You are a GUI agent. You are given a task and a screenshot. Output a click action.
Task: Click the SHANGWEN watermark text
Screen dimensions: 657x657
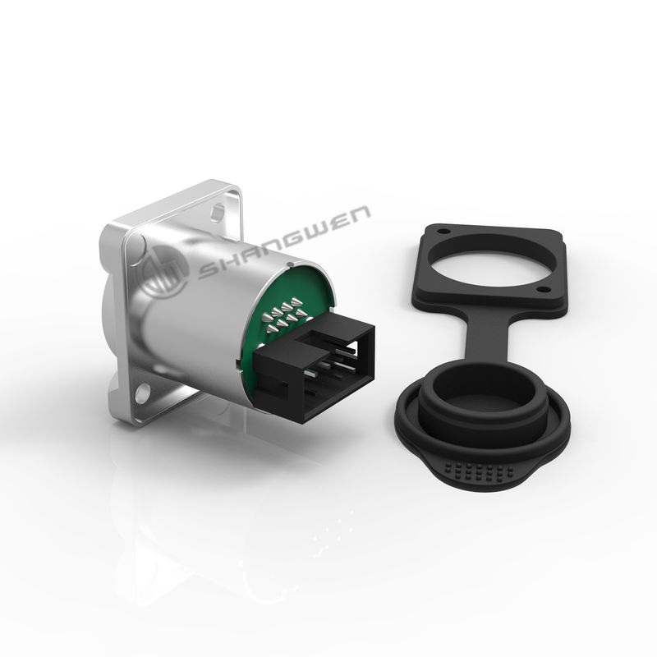pyautogui.click(x=284, y=242)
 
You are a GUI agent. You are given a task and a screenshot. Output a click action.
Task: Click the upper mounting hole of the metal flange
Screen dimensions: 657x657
pyautogui.click(x=218, y=212)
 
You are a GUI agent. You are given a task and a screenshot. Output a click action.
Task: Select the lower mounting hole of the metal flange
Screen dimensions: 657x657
pyautogui.click(x=143, y=392)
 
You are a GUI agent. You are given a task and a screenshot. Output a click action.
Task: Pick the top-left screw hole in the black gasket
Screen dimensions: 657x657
pyautogui.click(x=443, y=231)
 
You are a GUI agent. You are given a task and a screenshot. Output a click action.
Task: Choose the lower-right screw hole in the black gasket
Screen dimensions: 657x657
pyautogui.click(x=543, y=289)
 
